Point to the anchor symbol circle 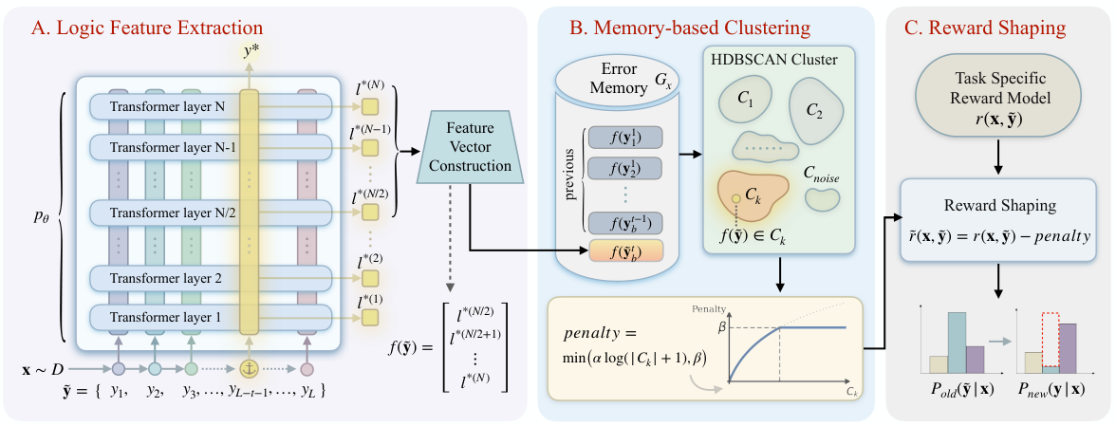click(249, 369)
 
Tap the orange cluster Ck click(753, 194)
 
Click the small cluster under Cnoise click(823, 200)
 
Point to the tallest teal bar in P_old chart click(957, 343)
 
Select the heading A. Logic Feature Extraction click(146, 28)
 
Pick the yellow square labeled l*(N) click(369, 107)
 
